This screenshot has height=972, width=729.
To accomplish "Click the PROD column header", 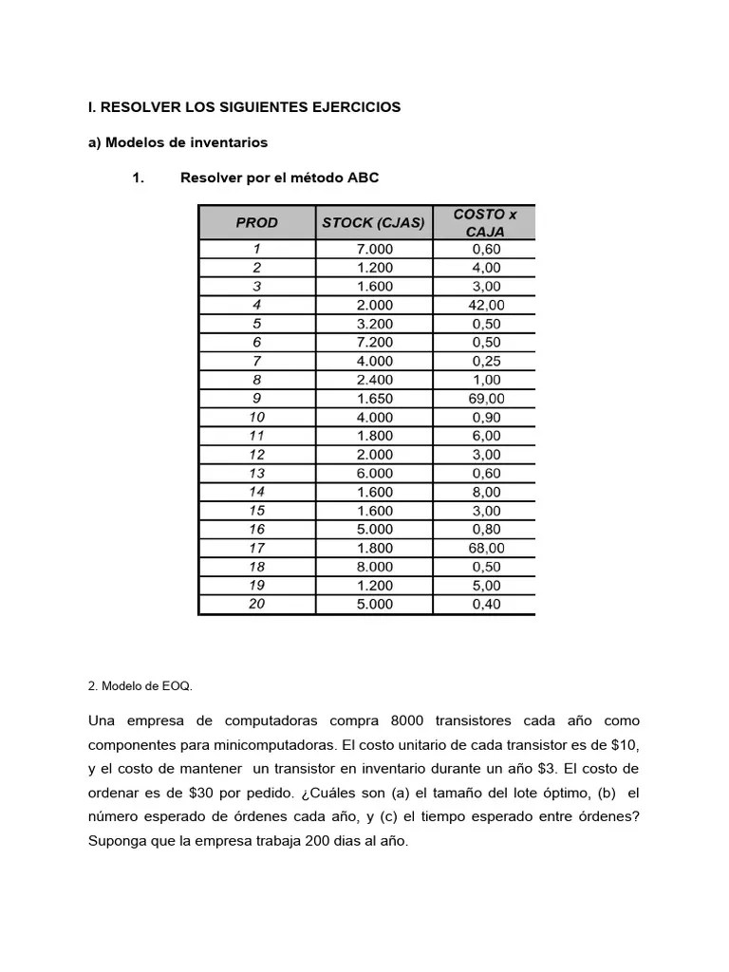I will (x=256, y=223).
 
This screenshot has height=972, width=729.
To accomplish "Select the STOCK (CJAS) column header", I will (x=373, y=223).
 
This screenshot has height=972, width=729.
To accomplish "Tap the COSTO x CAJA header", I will (x=485, y=223).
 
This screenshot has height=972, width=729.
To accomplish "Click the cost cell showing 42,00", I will (x=485, y=305).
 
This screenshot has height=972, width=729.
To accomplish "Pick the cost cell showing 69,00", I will (x=485, y=399).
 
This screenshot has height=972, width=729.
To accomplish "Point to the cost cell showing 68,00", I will (x=485, y=548).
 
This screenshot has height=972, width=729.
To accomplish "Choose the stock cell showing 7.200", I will (x=374, y=343).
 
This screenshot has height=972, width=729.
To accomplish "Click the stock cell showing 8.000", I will (x=374, y=567).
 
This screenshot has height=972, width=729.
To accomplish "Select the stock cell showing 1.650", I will (x=374, y=399).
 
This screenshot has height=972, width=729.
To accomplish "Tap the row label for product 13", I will (x=256, y=473).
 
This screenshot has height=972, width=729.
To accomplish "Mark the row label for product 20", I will (x=256, y=604).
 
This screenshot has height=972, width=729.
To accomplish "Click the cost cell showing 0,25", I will (x=485, y=362).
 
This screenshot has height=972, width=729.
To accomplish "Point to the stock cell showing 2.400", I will (x=374, y=380).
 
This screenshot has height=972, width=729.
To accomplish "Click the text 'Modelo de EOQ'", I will (x=147, y=684).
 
